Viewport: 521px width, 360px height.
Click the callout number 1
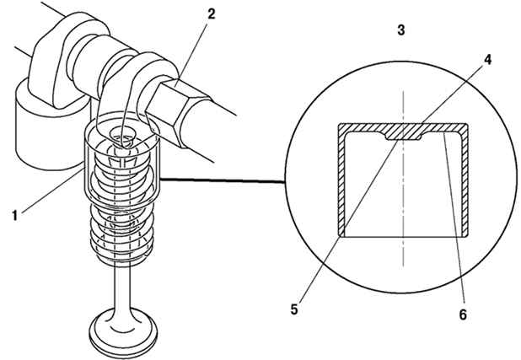(14, 215)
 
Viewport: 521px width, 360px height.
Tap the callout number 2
(211, 13)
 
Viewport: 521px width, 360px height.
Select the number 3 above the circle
(401, 30)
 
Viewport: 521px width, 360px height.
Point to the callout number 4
(487, 60)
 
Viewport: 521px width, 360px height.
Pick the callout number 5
(294, 309)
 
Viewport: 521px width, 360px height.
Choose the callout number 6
(463, 314)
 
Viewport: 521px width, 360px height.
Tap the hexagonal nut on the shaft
(178, 111)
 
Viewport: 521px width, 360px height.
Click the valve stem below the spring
(122, 286)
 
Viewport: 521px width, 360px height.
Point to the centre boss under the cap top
(403, 136)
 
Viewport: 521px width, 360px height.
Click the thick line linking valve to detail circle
(222, 180)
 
